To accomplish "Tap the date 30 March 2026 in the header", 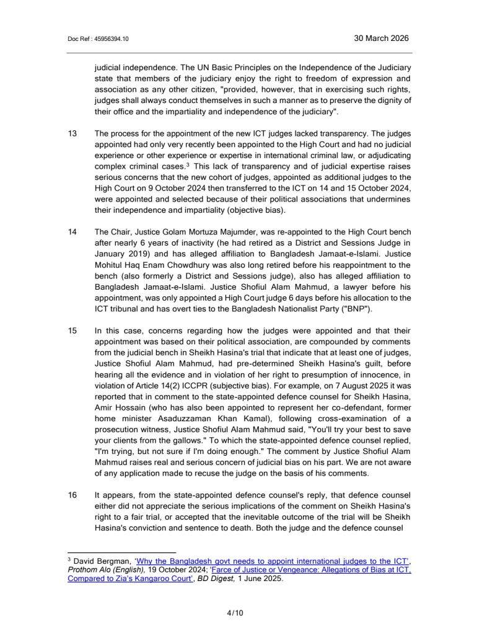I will [x=381, y=38].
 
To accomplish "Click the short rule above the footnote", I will [x=121, y=552].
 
